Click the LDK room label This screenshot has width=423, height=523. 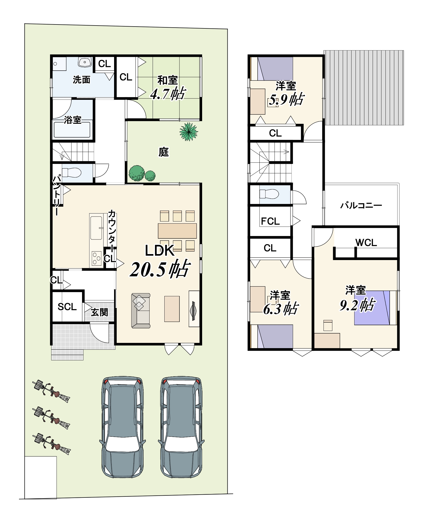(x=159, y=250)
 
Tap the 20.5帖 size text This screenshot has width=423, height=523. (x=160, y=269)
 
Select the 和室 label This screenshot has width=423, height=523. (x=167, y=80)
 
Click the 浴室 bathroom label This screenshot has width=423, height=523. (x=73, y=120)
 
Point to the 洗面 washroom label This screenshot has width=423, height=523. (x=82, y=79)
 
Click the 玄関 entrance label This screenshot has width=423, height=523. (x=99, y=312)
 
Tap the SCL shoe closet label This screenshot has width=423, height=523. (x=67, y=307)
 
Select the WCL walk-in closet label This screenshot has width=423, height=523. (x=366, y=243)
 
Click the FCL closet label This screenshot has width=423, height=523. (x=270, y=221)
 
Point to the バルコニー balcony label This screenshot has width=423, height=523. (x=361, y=205)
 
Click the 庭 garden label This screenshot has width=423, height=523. (x=164, y=152)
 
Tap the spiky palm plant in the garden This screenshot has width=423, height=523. (x=189, y=132)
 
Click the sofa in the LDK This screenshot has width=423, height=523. (x=141, y=311)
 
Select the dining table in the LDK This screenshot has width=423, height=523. (x=177, y=231)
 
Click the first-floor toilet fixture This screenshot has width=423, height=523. (x=71, y=173)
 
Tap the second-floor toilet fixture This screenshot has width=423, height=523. (x=269, y=194)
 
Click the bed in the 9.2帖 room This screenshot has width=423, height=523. (x=375, y=308)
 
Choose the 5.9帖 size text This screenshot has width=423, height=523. (x=287, y=99)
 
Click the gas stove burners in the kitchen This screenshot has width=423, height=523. (x=96, y=259)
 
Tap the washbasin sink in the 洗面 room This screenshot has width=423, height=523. (x=85, y=62)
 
